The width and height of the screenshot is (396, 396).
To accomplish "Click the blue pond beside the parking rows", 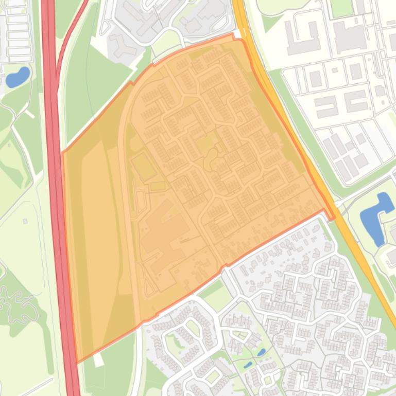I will pyautogui.click(x=17, y=77).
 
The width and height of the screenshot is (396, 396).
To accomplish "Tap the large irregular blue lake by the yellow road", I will pyautogui.click(x=375, y=216).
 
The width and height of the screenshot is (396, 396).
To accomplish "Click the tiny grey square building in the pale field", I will pyautogui.click(x=25, y=221).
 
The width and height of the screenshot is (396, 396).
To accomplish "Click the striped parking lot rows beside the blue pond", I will pyautogui.click(x=18, y=31).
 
